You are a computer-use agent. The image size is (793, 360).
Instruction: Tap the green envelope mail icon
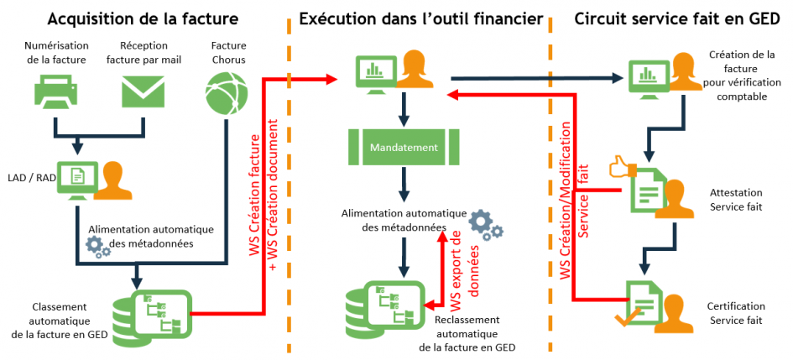point(142,91)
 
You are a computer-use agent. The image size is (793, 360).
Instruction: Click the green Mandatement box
point(404,148)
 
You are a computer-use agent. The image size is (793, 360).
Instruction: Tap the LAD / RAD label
point(27,177)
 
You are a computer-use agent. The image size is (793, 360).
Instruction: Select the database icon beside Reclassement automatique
point(383,310)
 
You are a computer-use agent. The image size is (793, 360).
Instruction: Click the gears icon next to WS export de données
point(485,224)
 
